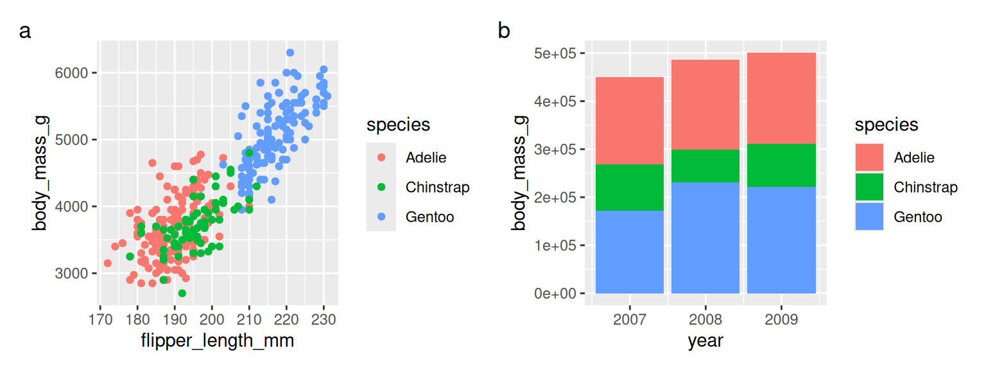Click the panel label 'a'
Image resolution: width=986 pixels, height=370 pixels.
[25, 31]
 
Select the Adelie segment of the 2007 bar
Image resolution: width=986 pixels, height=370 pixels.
[629, 121]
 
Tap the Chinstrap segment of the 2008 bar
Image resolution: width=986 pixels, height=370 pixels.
[705, 166]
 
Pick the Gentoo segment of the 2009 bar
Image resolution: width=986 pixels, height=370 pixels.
[781, 240]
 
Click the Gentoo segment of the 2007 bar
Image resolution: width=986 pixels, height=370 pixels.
[629, 252]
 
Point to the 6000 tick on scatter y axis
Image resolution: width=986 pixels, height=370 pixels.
[74, 73]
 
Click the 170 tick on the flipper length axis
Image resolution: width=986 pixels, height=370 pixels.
[99, 319]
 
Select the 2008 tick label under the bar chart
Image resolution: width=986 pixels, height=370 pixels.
[705, 319]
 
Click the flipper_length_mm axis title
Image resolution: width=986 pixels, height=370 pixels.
[217, 340]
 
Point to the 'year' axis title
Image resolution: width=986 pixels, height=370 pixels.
[705, 340]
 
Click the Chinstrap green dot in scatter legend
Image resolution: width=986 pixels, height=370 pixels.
[381, 188]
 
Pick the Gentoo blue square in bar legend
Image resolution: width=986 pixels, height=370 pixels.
[869, 217]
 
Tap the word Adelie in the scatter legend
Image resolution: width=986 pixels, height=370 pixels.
[426, 157]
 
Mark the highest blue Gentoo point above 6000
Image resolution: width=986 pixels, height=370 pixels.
[290, 53]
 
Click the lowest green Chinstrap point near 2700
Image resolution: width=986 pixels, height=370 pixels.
[182, 293]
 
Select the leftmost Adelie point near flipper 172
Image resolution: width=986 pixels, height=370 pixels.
[107, 263]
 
